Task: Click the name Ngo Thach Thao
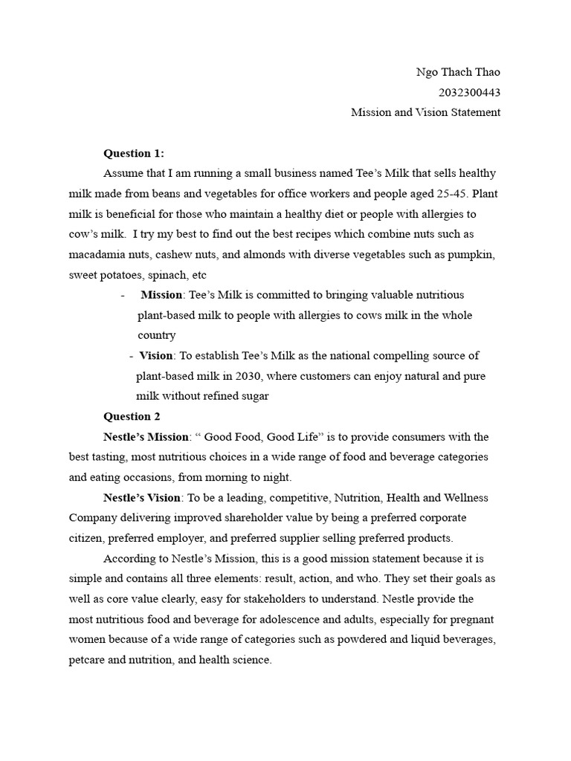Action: point(458,72)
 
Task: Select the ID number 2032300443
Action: point(470,92)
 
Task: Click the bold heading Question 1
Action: point(134,153)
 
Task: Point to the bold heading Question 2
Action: point(132,416)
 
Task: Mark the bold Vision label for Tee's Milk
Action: point(155,356)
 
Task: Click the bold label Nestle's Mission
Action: point(145,436)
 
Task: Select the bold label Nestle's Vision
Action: point(141,497)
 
